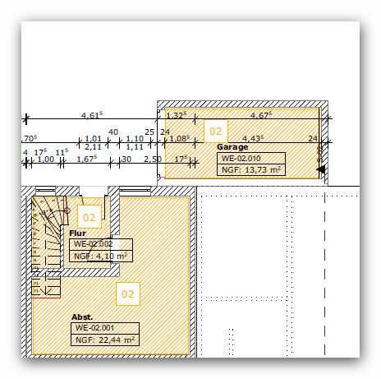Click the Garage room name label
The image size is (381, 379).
232,147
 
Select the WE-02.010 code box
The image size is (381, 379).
251,159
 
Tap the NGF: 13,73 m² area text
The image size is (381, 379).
251,170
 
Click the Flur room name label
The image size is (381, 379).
77,233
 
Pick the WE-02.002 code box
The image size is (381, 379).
101,244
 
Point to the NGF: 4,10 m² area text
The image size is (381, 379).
100,257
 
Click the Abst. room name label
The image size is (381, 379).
82,317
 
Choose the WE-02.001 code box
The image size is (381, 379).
105,328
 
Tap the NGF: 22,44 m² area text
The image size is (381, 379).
105,340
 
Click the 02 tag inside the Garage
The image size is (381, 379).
216,132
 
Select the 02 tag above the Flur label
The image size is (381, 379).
90,218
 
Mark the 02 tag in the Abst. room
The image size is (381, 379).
128,294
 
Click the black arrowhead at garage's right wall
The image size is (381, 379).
321,169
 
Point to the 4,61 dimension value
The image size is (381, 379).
92,115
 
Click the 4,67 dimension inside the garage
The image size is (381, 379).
261,115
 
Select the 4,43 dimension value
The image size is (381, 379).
253,138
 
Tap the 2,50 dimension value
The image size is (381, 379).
153,159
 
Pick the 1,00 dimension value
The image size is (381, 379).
46,159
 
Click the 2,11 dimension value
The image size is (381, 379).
93,147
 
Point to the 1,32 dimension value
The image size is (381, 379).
177,115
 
